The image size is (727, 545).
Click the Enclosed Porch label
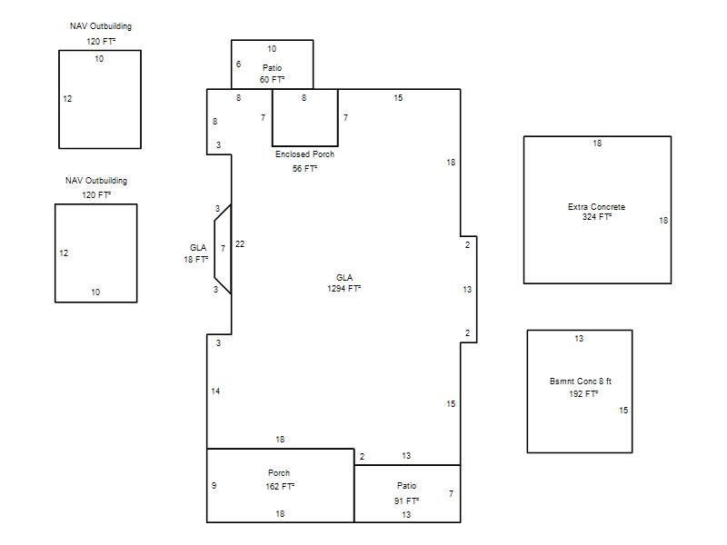304,154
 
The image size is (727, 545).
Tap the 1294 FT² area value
344,288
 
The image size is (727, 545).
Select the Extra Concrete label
597,207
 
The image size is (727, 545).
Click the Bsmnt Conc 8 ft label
581,381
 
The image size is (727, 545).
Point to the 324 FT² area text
597,217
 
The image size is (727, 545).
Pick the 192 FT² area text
583,393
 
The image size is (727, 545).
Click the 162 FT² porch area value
280,486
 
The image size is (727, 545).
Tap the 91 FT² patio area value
406,500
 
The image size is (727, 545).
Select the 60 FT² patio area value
272,79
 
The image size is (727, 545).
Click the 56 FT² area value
304,168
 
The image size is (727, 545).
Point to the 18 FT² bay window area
196,259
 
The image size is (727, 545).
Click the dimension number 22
240,243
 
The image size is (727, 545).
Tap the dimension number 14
215,391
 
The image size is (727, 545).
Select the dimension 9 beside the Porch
214,486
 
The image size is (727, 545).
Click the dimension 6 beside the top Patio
238,64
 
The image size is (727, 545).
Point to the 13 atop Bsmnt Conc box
579,338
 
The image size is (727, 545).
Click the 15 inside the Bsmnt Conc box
623,411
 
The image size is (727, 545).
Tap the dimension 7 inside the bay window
223,248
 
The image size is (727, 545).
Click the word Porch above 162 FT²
279,472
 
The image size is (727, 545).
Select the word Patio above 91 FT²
406,485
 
